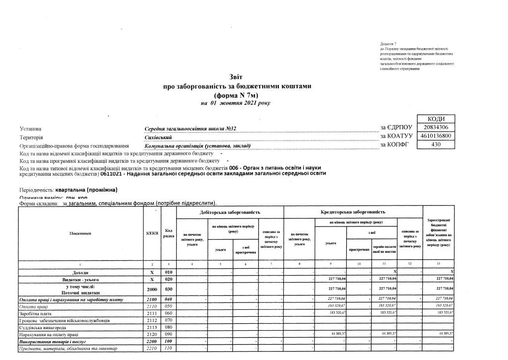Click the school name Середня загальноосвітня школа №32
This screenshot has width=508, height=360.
pos(190,129)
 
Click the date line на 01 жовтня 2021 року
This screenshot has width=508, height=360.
pos(236,103)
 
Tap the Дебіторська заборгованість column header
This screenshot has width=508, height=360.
pos(230,212)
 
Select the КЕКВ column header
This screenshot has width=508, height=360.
pos(152,233)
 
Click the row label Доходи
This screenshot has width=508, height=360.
pos(80,273)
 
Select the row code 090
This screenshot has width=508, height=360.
pos(169,335)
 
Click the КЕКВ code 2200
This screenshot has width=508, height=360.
pos(152,342)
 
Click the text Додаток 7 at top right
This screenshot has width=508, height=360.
pos(388,45)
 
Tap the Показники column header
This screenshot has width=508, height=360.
pos(80,233)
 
